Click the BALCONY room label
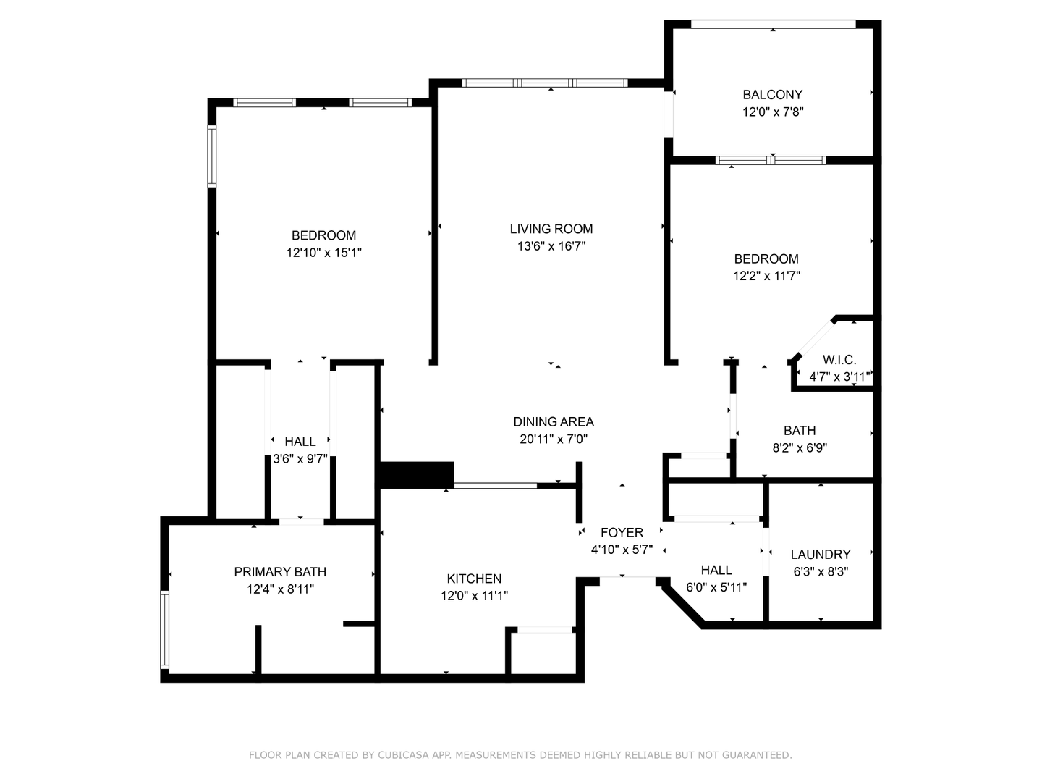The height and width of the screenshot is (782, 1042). click(772, 95)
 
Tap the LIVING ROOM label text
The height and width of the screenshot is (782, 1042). click(551, 229)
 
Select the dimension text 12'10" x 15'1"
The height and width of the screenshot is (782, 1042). click(323, 253)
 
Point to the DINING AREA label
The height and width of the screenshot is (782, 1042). click(554, 421)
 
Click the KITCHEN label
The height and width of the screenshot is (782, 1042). click(474, 579)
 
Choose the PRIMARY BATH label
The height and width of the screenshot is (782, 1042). click(280, 572)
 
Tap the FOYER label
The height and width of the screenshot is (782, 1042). click(622, 532)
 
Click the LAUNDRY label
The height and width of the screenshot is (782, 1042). click(821, 554)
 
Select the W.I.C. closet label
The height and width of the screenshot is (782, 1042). click(839, 359)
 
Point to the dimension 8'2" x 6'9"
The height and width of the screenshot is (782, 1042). click(800, 447)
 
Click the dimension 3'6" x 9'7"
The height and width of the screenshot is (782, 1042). click(300, 459)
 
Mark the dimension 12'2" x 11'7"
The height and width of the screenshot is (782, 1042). click(766, 276)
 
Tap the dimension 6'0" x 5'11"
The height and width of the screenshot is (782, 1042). click(716, 587)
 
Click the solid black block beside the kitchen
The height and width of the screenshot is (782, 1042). click(416, 474)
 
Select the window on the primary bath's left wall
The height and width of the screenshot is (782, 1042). click(164, 630)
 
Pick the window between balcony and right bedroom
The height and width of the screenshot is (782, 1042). click(771, 161)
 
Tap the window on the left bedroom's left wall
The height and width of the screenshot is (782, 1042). click(212, 156)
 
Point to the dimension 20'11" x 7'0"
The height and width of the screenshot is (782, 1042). click(554, 440)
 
